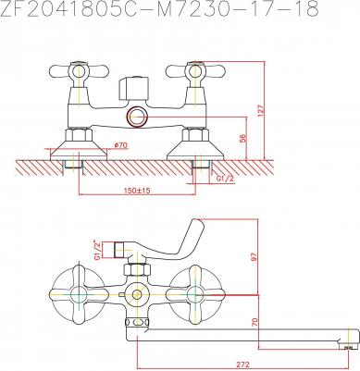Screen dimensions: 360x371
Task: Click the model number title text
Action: coord(159,9)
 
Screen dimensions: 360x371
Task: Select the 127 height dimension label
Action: coord(261,111)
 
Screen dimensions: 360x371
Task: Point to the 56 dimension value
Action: coord(242,139)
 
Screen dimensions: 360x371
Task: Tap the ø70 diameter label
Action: coord(121,144)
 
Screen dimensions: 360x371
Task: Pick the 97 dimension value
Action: coord(254,257)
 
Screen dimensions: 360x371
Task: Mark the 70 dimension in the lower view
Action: coord(254,322)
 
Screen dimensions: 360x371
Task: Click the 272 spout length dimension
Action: coord(242,365)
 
